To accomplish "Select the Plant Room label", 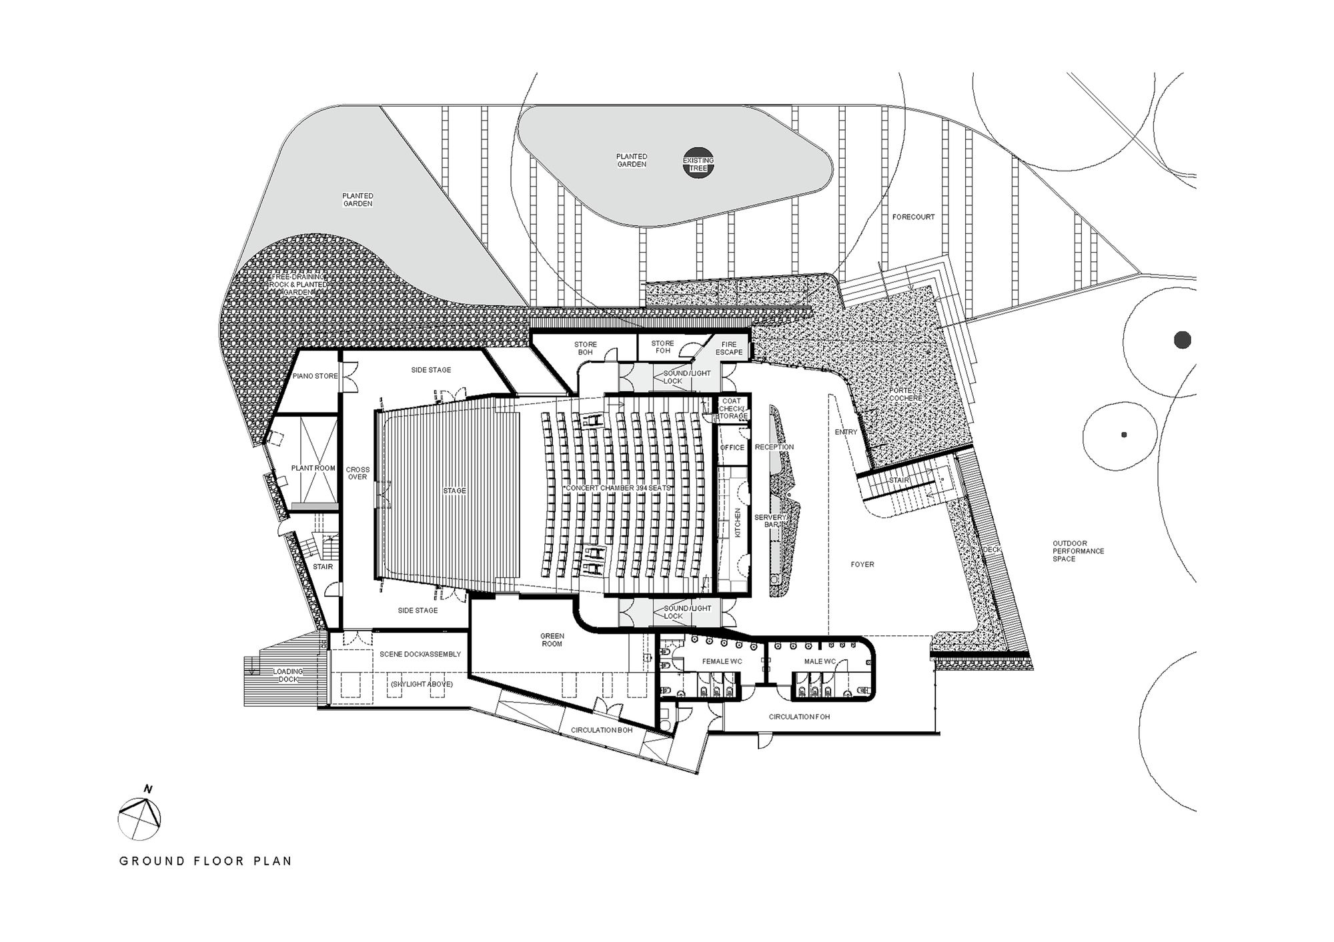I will (313, 468).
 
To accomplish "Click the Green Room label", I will (552, 640).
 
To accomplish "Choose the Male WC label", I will (820, 662).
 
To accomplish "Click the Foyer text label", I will (862, 565).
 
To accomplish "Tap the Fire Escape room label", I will (729, 348).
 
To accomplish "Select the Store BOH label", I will (585, 348).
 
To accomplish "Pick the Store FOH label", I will (662, 347).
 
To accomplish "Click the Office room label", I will (732, 447).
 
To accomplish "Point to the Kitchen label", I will (738, 523).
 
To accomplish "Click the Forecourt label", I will (913, 217).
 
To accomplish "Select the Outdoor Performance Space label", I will (1078, 551).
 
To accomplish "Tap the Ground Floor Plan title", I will (205, 861).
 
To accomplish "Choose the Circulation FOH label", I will (799, 717).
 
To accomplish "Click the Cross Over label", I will (358, 473).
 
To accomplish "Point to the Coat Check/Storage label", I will (733, 409).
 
